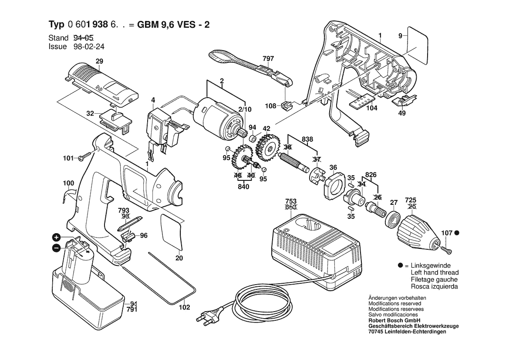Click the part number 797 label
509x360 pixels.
pyautogui.click(x=268, y=58)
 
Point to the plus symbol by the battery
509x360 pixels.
pyautogui.click(x=57, y=237)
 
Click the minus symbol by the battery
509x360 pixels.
pyautogui.click(x=56, y=248)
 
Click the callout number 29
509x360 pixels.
pyautogui.click(x=99, y=61)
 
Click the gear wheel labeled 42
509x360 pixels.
pyautogui.click(x=268, y=147)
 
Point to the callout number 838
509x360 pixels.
pyautogui.click(x=307, y=139)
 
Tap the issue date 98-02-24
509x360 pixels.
pyautogui.click(x=89, y=47)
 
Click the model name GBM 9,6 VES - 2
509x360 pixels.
pyautogui.click(x=173, y=25)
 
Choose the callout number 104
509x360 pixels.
pyautogui.click(x=371, y=108)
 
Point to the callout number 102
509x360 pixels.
pyautogui.click(x=184, y=307)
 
